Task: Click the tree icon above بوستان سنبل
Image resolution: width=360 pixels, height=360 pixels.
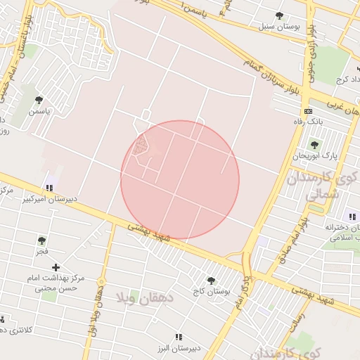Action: (280, 15)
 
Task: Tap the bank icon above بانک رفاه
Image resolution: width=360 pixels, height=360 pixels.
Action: (308, 111)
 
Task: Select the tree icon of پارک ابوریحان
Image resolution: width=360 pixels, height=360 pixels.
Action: (314, 145)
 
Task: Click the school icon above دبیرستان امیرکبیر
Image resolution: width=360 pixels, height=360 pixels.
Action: (49, 188)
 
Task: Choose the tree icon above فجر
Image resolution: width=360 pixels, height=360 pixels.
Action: (42, 240)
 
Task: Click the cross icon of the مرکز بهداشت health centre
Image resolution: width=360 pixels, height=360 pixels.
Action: (56, 267)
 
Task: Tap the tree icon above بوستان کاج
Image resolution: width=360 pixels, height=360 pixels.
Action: (210, 280)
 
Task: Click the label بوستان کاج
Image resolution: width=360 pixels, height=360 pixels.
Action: (209, 290)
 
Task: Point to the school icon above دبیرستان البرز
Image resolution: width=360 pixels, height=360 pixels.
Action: (178, 337)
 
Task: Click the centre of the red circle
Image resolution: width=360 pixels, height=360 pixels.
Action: (180, 180)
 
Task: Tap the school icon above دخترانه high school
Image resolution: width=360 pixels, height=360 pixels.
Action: (352, 216)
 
